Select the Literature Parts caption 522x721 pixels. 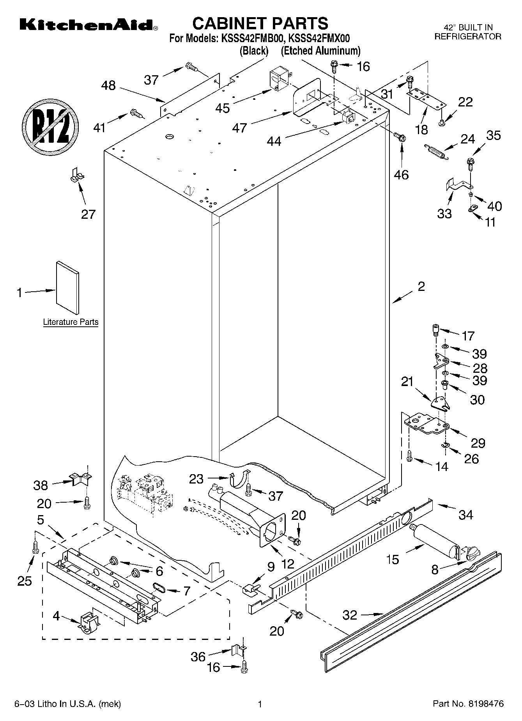(71, 322)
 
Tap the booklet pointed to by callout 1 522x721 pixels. (67, 287)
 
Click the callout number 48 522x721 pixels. (108, 85)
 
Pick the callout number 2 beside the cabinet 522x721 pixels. (421, 287)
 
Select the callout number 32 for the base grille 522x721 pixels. (350, 615)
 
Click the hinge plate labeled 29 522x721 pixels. (426, 424)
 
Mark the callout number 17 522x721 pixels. (468, 335)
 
